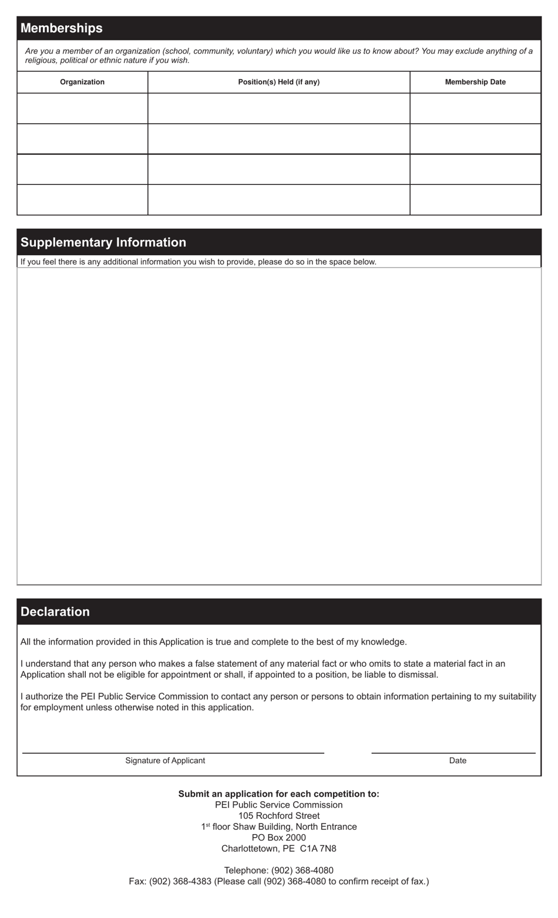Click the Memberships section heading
(62, 28)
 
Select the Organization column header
(82, 82)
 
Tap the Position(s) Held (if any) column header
(278, 82)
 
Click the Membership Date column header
(475, 82)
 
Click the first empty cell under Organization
(82, 109)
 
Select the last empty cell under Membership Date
(475, 200)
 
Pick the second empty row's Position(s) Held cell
(278, 139)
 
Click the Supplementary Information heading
(103, 242)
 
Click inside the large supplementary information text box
(278, 426)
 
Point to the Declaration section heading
(55, 612)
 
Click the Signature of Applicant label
(165, 761)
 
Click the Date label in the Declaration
(458, 761)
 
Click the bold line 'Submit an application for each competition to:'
(278, 794)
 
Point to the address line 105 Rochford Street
(278, 816)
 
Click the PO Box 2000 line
(278, 838)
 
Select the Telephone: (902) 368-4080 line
(278, 870)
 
